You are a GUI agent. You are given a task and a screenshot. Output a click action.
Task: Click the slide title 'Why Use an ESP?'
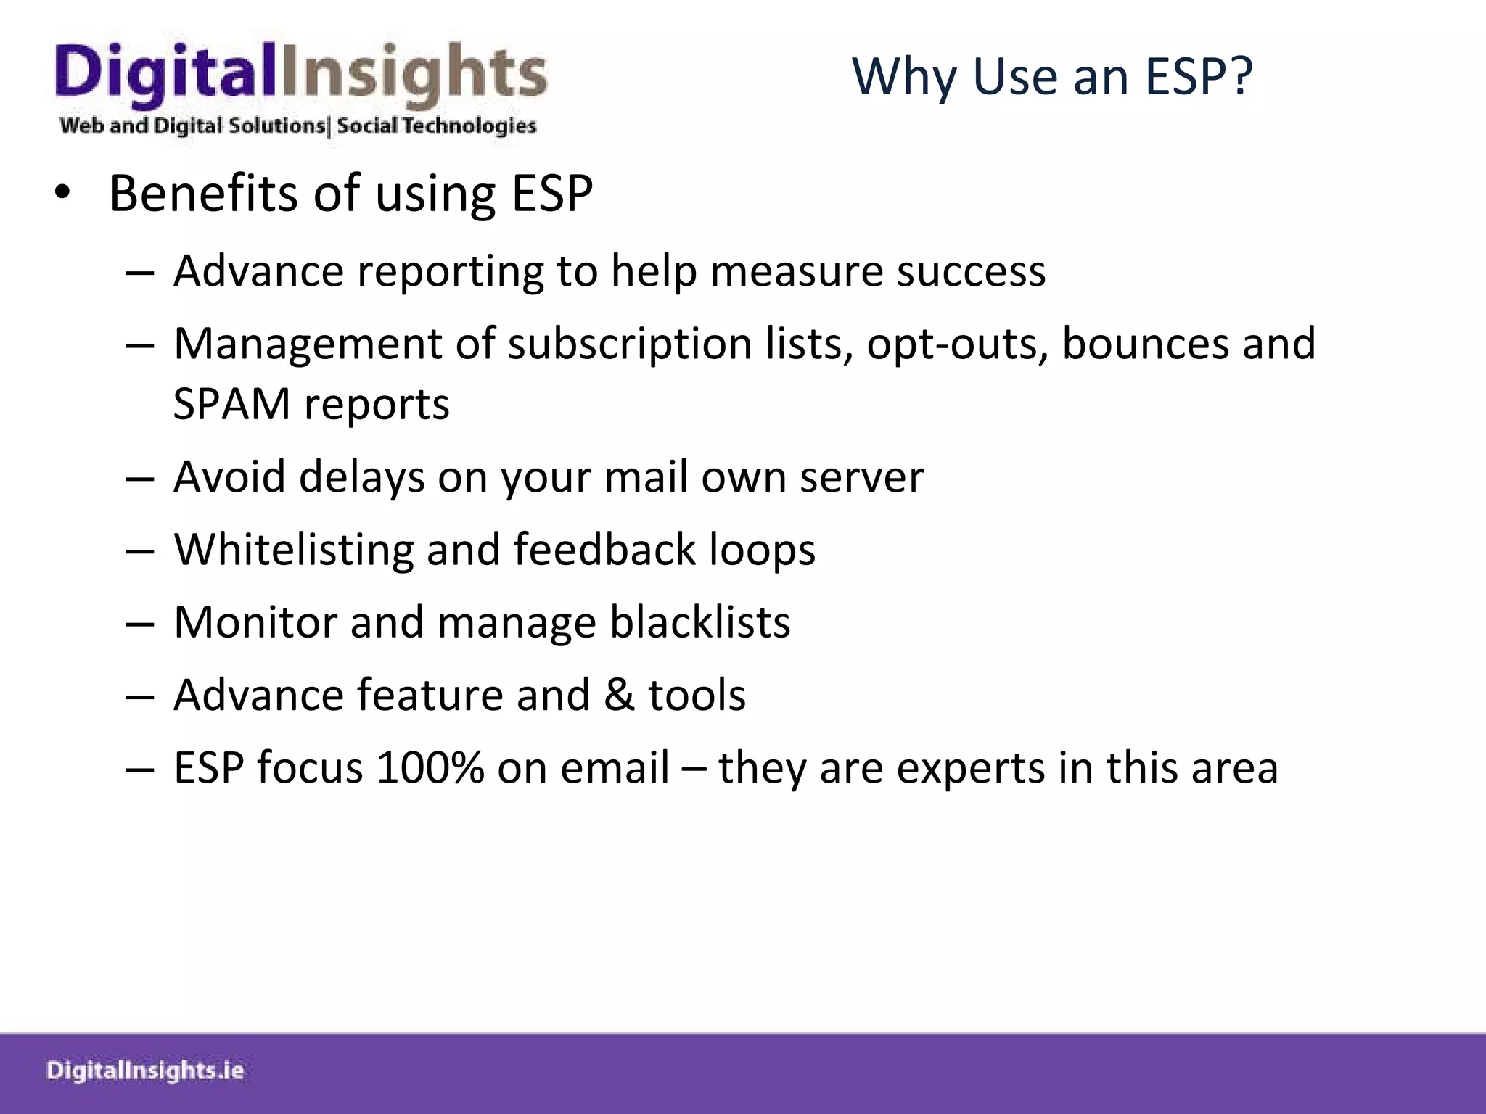(x=1051, y=76)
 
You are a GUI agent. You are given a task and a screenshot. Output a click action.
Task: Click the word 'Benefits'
(x=203, y=194)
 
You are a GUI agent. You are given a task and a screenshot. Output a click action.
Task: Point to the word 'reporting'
(x=450, y=272)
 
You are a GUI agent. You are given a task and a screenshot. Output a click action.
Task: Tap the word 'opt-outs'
(x=957, y=344)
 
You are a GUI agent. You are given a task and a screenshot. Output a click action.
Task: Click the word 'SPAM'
(x=231, y=404)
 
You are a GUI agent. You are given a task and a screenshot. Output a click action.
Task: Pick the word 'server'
(x=861, y=477)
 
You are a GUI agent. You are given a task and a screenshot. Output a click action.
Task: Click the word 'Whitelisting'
(x=293, y=550)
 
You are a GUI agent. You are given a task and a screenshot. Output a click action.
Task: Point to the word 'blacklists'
(x=699, y=622)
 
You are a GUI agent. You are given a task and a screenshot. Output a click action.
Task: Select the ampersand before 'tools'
(x=619, y=695)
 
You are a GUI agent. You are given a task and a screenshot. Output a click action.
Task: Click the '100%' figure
(x=430, y=768)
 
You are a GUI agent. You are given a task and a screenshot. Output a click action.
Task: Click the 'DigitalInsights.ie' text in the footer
(x=145, y=1071)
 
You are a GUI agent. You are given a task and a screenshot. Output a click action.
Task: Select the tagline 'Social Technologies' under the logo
(x=436, y=126)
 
